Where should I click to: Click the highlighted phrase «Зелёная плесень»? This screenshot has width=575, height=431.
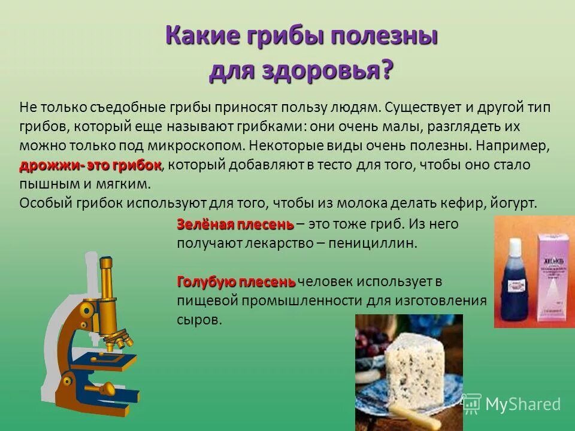point(235,224)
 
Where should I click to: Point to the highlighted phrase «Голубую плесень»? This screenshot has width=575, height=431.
point(236,281)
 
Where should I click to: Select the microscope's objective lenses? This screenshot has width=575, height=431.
point(120,341)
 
